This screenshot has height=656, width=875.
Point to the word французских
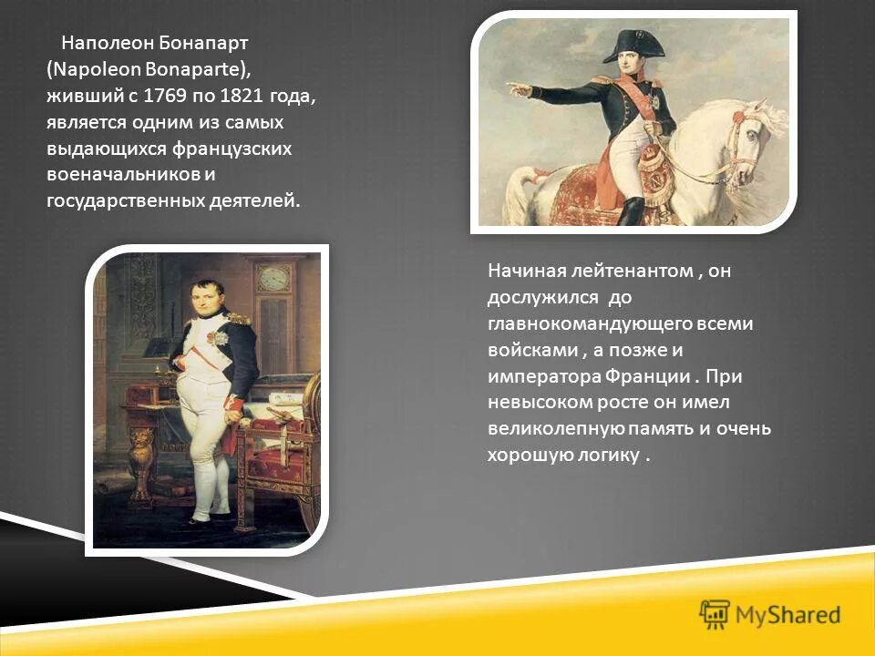tap(240, 148)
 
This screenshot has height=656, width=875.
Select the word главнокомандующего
tap(584, 323)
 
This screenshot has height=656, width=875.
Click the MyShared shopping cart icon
tap(715, 614)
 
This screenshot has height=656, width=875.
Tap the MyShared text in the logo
tap(789, 615)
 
